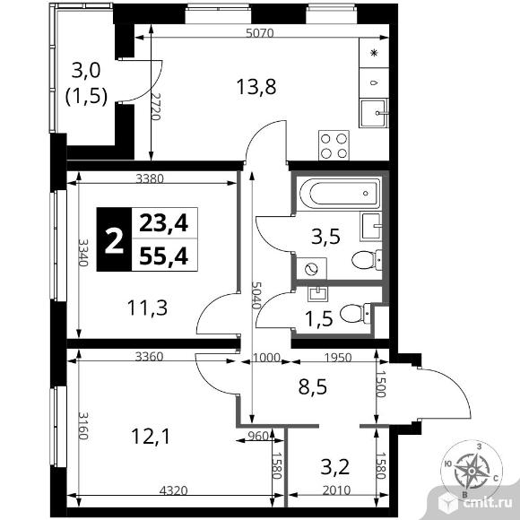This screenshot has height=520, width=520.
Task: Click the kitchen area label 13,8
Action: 256,87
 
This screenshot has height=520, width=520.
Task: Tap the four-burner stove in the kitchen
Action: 334,145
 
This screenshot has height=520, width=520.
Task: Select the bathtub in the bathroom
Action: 340,193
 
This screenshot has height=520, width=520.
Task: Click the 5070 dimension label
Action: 260,33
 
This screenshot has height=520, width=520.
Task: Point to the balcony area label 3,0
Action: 86,70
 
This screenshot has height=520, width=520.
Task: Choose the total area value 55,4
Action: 164,256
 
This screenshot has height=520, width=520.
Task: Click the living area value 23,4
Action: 164,223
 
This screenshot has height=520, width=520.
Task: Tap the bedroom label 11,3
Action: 147,308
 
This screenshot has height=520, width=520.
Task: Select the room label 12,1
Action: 151,437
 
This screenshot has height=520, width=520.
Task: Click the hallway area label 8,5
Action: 313,386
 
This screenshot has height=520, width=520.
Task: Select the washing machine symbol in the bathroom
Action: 311,269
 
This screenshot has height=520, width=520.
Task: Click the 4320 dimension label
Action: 173,490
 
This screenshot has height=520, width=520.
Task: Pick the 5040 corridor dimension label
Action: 256,295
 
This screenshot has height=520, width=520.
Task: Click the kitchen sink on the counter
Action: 374,113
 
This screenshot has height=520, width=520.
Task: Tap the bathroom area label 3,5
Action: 325,237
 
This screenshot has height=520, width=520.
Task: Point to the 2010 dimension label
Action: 336,490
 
